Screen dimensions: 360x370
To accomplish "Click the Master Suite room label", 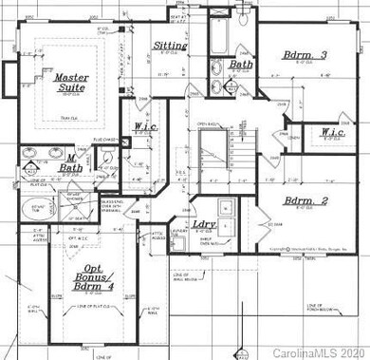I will pyautogui.click(x=70, y=84).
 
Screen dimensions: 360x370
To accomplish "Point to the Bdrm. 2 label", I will pyautogui.click(x=308, y=201).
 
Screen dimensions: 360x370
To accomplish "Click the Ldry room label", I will pyautogui.click(x=202, y=225).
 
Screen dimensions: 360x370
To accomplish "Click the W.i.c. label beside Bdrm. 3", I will pyautogui.click(x=331, y=133).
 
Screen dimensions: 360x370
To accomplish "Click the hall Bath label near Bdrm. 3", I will pyautogui.click(x=240, y=65).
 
